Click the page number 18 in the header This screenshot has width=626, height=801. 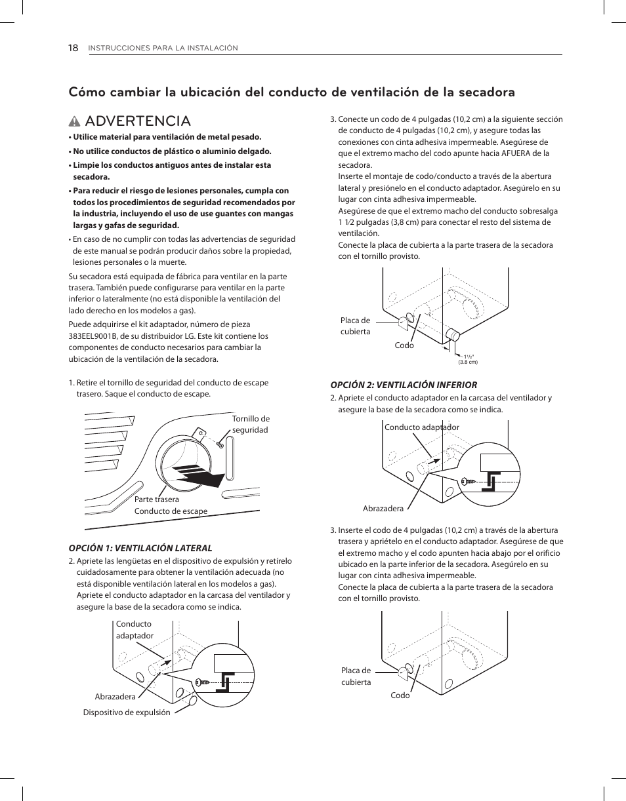tap(73, 48)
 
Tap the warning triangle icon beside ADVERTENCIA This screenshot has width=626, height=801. tap(75, 121)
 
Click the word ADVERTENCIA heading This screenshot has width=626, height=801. tap(138, 121)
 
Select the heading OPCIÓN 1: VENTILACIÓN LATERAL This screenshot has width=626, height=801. tap(140, 548)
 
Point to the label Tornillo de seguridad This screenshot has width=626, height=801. tap(251, 424)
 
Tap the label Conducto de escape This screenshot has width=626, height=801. tap(171, 511)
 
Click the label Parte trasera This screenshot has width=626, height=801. tap(156, 499)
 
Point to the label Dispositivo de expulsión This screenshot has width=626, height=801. tap(127, 713)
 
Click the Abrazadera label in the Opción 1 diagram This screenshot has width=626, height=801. tap(115, 697)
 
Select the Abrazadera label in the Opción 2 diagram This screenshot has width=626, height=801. tap(383, 509)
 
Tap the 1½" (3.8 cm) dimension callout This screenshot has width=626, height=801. tap(468, 359)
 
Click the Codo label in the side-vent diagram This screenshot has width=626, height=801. tap(404, 345)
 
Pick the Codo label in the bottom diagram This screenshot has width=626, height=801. tap(400, 695)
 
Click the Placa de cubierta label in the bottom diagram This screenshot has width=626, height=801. tap(356, 676)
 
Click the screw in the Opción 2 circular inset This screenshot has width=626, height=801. tap(470, 480)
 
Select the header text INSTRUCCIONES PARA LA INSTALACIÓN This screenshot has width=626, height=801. tap(163, 48)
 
